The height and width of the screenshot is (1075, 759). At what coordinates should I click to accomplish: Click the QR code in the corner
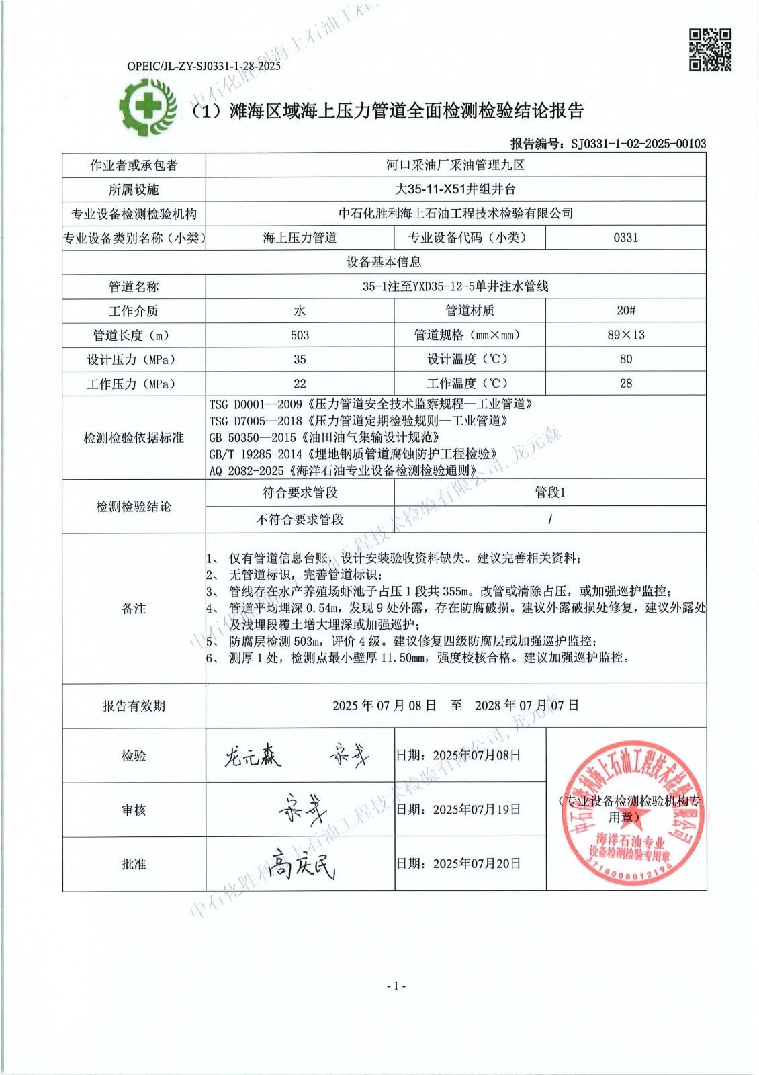coord(710,49)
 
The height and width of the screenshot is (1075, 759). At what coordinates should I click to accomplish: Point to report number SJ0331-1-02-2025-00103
coord(637,144)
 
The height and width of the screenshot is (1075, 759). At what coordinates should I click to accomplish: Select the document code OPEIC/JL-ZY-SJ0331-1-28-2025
coord(204,66)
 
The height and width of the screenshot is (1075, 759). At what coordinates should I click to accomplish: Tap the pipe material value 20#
coord(625,310)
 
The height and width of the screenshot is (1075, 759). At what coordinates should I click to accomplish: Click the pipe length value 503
coord(300,335)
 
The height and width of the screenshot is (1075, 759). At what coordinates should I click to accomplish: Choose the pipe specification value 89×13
coord(625,335)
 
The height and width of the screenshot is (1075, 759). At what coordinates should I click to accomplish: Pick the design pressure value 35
coord(300,359)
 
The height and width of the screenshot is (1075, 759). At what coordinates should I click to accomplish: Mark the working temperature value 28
coord(625,384)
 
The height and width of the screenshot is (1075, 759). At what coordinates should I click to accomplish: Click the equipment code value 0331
coord(625,238)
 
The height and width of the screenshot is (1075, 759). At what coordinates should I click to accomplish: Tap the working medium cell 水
coord(300,310)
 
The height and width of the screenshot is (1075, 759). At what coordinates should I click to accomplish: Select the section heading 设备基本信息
coord(384,262)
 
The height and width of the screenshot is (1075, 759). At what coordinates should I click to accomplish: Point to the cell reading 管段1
coord(549,492)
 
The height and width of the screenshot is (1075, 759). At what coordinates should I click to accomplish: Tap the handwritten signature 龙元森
coord(252,757)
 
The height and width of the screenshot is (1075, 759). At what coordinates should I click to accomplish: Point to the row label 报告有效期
coord(134,706)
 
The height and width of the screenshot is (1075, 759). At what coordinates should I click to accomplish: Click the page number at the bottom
coord(396,986)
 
